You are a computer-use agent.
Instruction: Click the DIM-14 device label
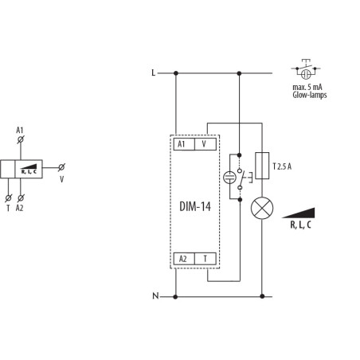point(195,206)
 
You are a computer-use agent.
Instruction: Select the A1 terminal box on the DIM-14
point(184,144)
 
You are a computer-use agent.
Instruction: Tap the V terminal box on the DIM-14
point(205,144)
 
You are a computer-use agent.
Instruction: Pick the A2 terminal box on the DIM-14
point(184,259)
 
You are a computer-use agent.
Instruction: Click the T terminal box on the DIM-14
point(205,259)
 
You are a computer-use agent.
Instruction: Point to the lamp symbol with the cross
point(262,208)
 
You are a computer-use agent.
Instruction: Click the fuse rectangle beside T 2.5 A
point(262,166)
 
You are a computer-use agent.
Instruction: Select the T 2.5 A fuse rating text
point(282,166)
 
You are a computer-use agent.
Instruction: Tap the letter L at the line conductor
point(154,72)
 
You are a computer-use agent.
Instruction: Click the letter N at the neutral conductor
point(155,295)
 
